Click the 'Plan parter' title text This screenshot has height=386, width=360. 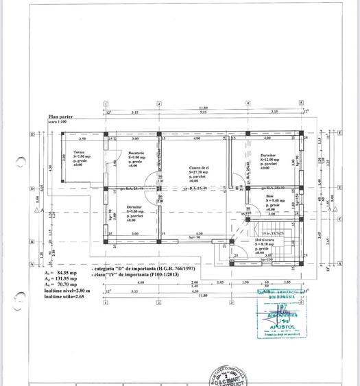coord(59,117)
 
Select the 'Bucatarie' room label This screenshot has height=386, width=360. coord(134,152)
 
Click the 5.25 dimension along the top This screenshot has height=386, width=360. coord(203,112)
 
